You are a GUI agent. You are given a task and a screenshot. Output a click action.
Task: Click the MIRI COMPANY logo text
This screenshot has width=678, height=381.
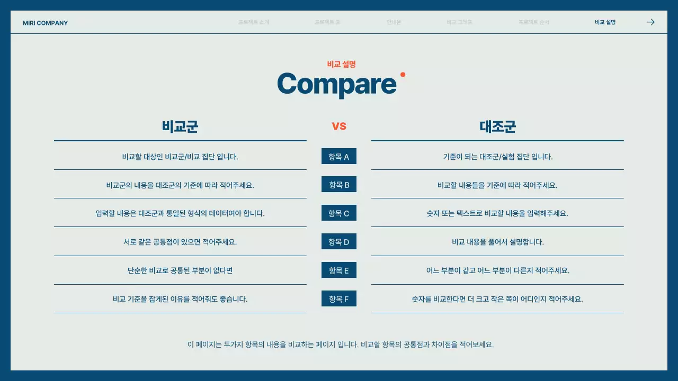45,23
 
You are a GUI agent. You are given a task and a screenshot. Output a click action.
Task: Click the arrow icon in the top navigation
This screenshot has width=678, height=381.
651,22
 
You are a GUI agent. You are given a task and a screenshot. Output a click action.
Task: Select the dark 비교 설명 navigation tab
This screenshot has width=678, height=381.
605,22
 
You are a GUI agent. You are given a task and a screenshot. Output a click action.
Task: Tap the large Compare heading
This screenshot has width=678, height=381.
337,84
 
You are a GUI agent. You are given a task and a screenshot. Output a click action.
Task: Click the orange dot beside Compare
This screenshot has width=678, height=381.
403,75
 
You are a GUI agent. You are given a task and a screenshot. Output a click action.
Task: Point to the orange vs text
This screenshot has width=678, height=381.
339,126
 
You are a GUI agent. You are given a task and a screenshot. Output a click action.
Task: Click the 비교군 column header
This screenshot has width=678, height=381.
180,126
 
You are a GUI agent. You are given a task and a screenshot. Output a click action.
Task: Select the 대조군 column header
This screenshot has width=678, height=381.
497,126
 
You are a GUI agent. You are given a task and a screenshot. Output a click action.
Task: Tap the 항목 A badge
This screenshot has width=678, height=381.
339,157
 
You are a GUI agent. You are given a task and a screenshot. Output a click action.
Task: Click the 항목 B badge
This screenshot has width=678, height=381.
339,185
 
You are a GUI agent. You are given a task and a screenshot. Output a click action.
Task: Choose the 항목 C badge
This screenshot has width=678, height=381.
339,213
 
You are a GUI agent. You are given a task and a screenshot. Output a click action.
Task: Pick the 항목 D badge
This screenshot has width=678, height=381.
339,242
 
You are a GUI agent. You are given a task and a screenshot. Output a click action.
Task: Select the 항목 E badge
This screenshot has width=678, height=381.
339,270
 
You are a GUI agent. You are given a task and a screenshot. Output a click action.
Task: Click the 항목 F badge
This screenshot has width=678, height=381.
339,299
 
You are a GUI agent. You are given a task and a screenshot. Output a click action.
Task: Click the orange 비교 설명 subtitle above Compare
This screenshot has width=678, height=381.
341,64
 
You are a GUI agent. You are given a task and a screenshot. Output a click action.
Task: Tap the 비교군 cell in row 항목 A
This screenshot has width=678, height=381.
180,157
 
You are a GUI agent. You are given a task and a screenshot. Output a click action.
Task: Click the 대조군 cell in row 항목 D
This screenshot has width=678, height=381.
497,242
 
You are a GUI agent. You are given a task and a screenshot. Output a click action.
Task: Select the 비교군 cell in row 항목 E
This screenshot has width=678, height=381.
180,270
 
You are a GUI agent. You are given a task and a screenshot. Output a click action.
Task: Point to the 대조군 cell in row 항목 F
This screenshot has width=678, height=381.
497,299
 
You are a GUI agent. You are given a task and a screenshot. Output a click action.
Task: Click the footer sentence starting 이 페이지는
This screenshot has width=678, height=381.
340,344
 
